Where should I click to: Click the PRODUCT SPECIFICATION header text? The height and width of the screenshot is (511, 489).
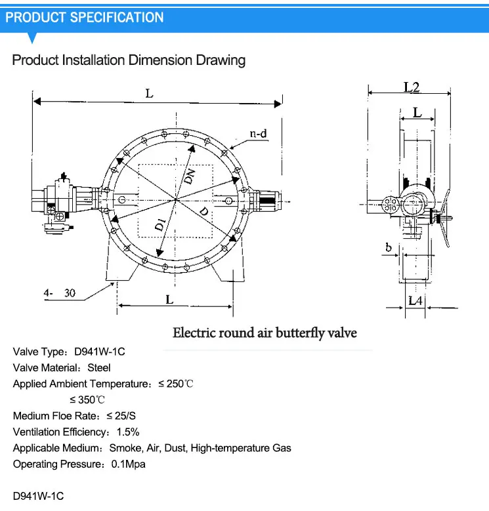[85, 17]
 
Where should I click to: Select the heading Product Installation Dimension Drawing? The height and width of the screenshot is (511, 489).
[129, 60]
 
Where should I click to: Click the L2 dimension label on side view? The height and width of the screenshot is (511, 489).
[411, 86]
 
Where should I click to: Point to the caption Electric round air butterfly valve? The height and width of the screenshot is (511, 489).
[265, 333]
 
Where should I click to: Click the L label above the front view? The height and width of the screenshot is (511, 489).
[149, 94]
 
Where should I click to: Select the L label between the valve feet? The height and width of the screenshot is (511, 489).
[169, 299]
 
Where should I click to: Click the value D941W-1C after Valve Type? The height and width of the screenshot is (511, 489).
[100, 352]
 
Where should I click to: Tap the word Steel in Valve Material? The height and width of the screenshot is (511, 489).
[99, 367]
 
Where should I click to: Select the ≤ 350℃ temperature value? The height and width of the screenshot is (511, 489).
[87, 399]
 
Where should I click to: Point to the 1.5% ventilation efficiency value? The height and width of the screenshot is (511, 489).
[128, 432]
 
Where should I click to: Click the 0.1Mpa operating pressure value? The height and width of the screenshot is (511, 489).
[128, 464]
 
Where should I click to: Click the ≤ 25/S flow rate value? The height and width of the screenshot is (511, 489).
[121, 416]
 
